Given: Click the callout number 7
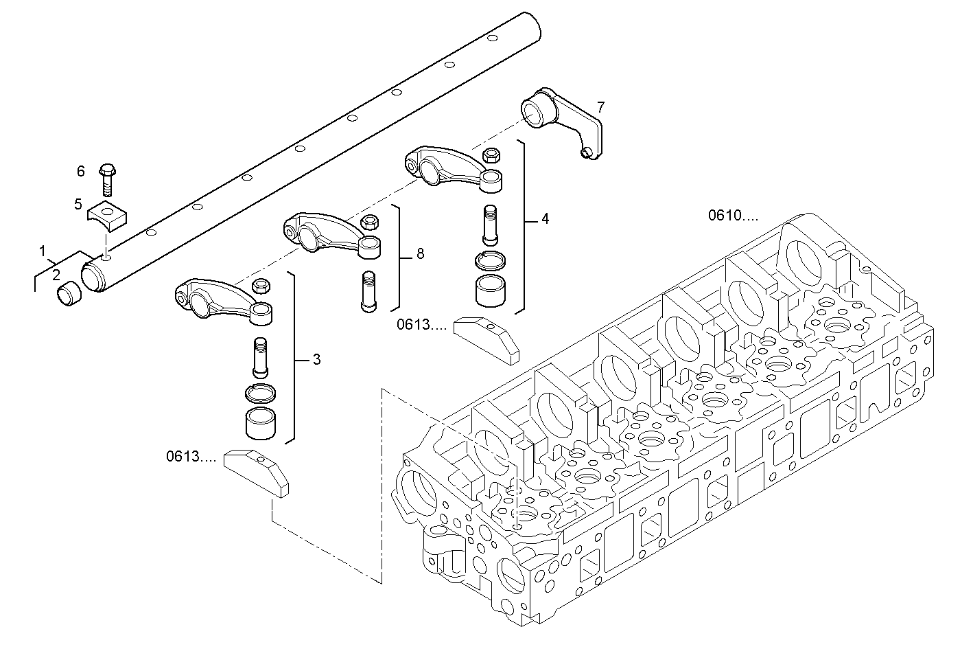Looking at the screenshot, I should coord(600,107).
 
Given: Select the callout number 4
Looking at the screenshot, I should coord(545,219).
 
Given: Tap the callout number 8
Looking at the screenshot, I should coord(420,254).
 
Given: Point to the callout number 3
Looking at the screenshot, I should coord(316,359).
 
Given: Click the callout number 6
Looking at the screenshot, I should coord(80,171).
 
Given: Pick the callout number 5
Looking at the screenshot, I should coord(78,204).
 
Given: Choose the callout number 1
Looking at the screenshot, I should coord(43,250).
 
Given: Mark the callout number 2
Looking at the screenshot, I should coord(56,275).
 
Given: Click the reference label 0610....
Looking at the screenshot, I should coord(733,216).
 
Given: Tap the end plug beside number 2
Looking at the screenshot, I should coord(68,295).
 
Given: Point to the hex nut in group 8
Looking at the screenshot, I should coord(368,222).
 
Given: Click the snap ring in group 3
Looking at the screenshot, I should coord(261,392).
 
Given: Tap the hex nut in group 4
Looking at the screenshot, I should coord(491,155).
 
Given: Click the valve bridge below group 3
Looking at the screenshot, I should coord(257,471).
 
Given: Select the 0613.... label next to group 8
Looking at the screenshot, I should coord(421,326).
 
